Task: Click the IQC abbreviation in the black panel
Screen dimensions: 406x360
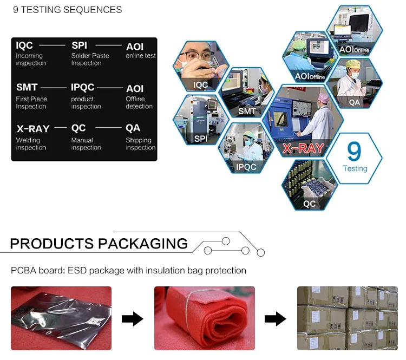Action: click(x=24, y=46)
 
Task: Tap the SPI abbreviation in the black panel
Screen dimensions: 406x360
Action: click(x=79, y=46)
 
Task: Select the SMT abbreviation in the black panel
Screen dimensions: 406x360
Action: click(x=27, y=87)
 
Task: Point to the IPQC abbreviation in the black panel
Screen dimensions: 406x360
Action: click(x=83, y=87)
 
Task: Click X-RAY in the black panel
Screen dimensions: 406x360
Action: click(x=32, y=129)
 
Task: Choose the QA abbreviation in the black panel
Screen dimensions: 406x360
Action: click(x=133, y=128)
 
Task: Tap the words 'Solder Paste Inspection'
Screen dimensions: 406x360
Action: click(x=90, y=60)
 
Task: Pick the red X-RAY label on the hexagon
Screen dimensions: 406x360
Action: click(x=304, y=148)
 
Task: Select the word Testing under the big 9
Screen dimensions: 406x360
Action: click(x=355, y=168)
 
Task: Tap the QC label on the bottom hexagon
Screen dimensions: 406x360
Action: click(x=309, y=204)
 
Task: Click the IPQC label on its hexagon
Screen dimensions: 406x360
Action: click(x=246, y=167)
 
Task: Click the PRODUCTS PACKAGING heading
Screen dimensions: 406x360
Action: click(x=99, y=244)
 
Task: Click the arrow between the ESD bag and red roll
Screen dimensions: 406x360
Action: click(x=132, y=319)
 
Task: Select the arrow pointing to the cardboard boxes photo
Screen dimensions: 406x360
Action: click(x=275, y=319)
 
